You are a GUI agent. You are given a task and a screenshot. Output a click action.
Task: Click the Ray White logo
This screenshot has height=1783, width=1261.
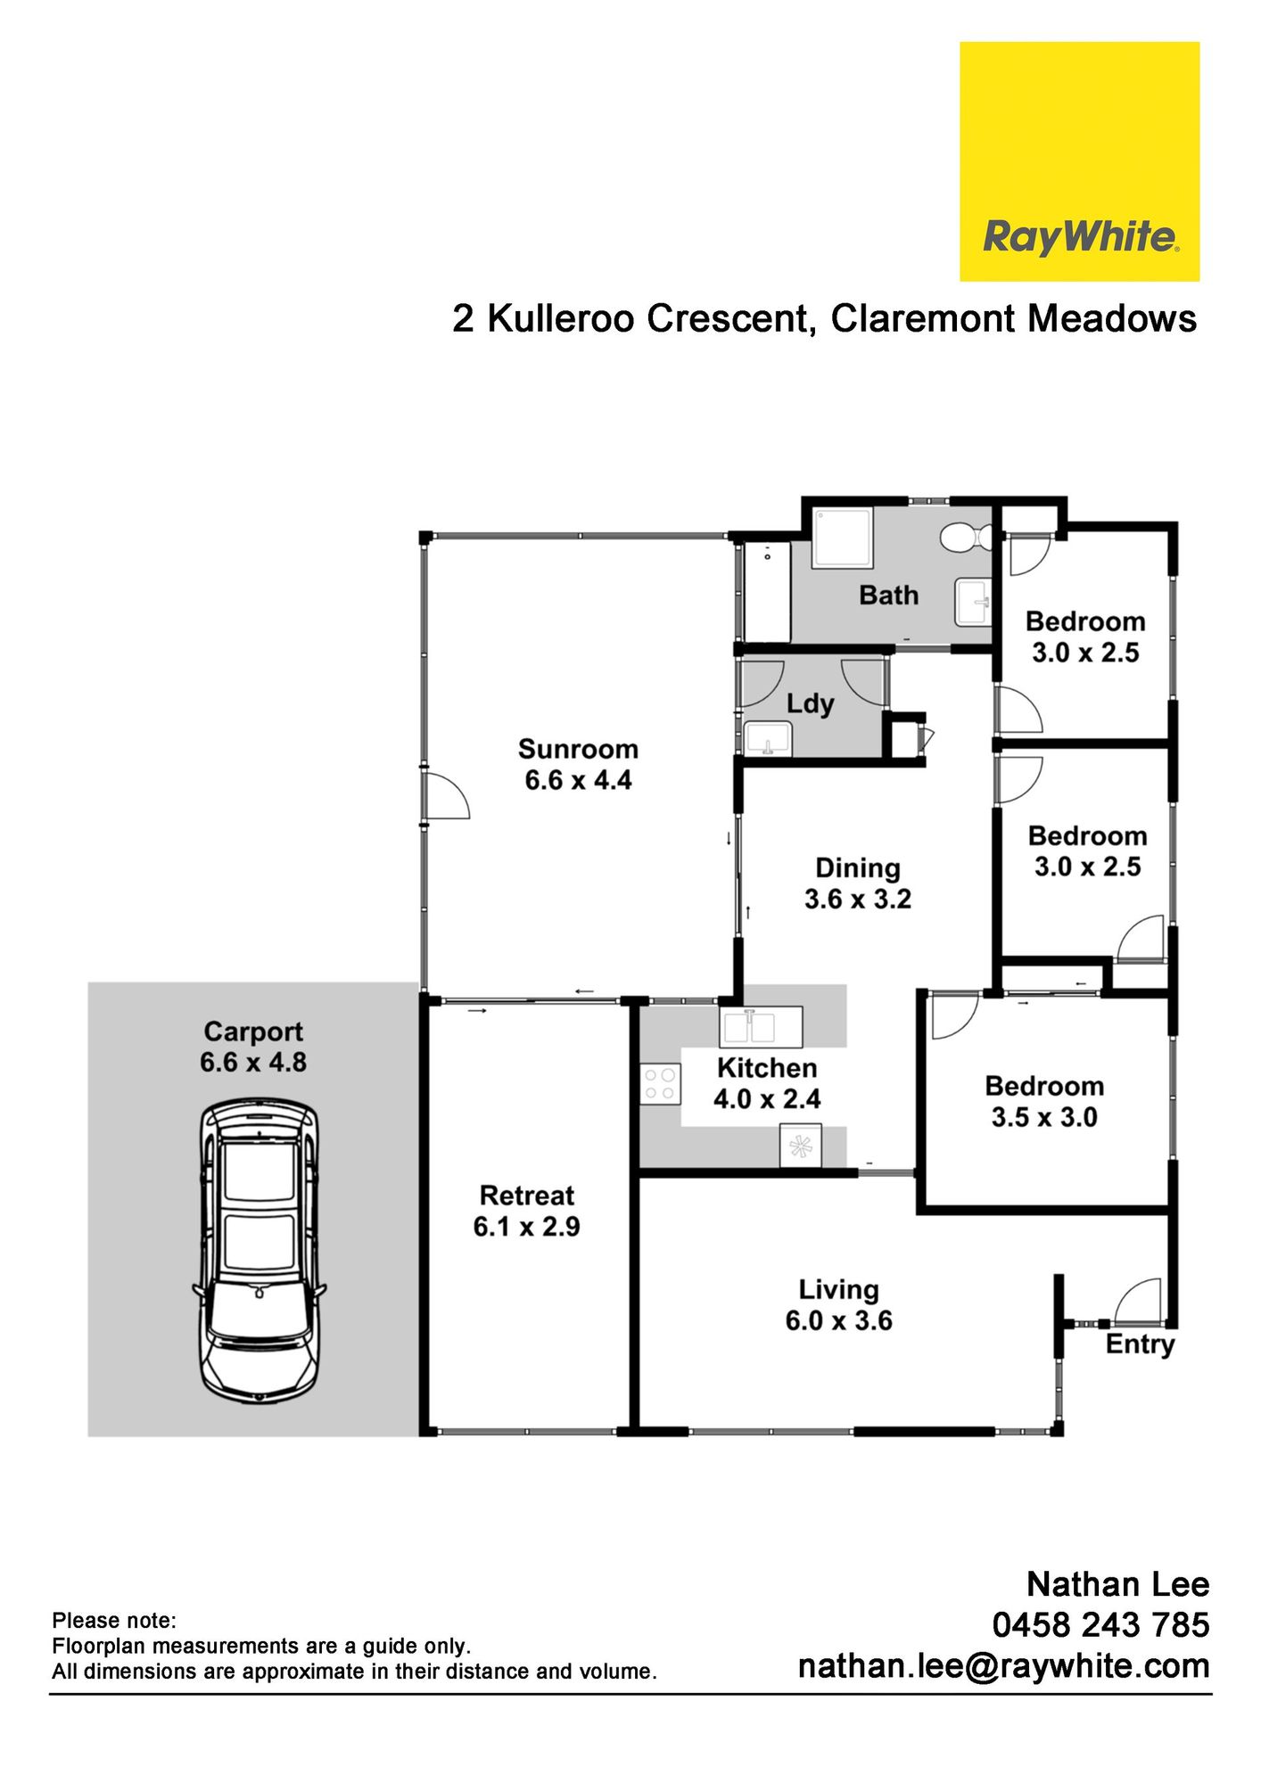(x=1079, y=161)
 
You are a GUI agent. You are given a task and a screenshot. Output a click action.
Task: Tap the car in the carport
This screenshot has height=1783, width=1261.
(x=259, y=1251)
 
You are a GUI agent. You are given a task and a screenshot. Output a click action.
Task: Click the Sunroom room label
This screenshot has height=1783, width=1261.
(x=578, y=749)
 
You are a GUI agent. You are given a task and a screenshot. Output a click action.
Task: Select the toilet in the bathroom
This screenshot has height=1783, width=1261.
(x=966, y=538)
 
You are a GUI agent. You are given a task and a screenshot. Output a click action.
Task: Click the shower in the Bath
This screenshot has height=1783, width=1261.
(x=841, y=538)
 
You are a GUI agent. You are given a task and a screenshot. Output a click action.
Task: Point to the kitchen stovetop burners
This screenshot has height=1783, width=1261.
(x=660, y=1085)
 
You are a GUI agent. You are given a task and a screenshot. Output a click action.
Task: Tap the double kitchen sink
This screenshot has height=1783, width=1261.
(x=761, y=1027)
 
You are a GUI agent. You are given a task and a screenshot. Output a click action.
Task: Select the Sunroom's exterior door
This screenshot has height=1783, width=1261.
(x=447, y=795)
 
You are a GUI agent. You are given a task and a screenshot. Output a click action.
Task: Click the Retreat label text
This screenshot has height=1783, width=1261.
(x=527, y=1196)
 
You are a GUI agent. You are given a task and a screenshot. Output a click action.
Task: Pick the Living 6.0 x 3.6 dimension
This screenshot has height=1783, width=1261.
(x=838, y=1320)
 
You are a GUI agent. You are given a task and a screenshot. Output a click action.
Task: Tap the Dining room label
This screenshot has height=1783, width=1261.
(x=858, y=867)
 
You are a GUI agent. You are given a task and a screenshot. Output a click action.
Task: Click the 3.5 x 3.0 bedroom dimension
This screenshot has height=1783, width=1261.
(x=1044, y=1117)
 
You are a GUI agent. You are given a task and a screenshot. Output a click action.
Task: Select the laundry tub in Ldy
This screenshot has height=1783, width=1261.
(x=768, y=739)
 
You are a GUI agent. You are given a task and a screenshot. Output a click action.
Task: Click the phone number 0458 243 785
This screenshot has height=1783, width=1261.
(x=1100, y=1624)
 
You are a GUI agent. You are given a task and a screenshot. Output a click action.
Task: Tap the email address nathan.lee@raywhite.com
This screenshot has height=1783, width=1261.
(x=1003, y=1665)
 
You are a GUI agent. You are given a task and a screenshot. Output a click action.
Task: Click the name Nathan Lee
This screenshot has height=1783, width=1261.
(x=1117, y=1584)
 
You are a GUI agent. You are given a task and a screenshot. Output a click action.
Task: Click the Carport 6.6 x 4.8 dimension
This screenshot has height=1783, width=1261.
(x=253, y=1062)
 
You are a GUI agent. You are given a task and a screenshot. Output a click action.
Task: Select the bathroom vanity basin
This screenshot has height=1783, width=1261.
(x=973, y=602)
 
